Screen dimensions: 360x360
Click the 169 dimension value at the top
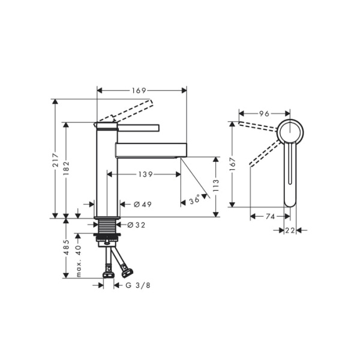pos(139,91)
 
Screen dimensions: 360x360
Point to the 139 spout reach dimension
pos(145,175)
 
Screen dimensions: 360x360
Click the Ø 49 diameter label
pos(142,205)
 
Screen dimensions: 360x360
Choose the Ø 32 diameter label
pos(137,225)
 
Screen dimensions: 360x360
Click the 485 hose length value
pos(67,247)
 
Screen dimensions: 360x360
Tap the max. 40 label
pos(78,262)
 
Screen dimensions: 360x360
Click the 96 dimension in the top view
pos(263,113)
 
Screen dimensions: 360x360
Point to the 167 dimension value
pos(232,163)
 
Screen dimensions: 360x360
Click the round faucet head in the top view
pos(291,130)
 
